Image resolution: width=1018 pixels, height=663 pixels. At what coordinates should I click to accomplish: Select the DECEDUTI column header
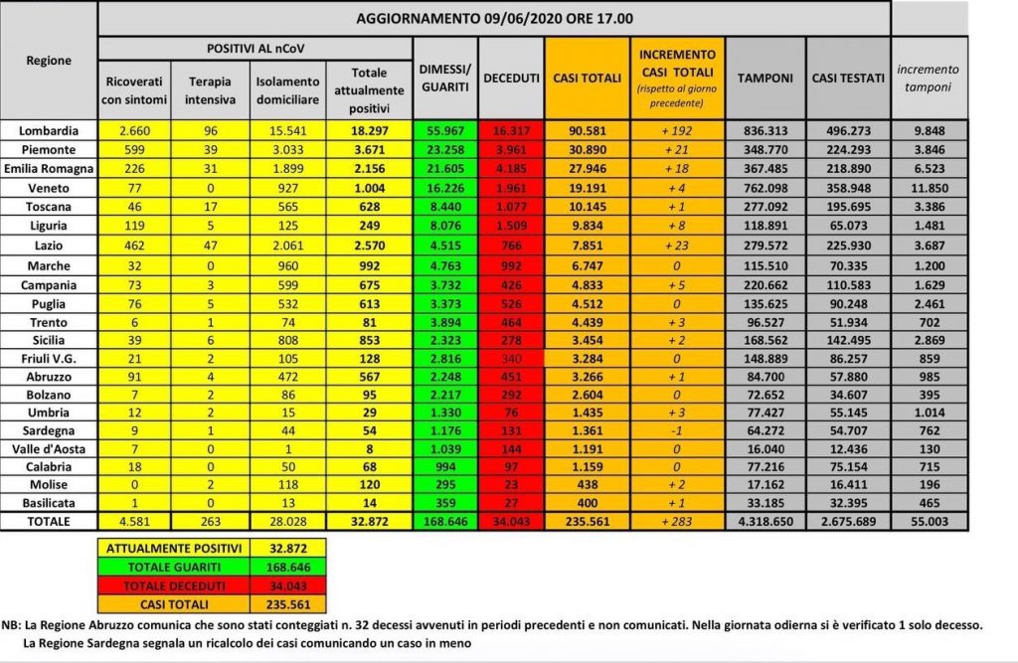point(511,78)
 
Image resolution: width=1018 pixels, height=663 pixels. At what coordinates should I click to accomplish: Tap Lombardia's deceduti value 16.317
point(511,130)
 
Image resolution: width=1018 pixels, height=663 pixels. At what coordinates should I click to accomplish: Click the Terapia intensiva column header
point(204,90)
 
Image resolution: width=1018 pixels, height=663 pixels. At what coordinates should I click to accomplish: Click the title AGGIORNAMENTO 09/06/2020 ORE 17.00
point(495,18)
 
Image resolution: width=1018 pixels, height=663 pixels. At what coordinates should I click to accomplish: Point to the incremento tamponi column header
point(928,78)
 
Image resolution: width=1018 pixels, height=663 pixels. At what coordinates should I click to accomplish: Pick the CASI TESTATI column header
point(848,78)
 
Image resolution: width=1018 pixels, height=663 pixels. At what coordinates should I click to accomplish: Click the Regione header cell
point(50,60)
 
